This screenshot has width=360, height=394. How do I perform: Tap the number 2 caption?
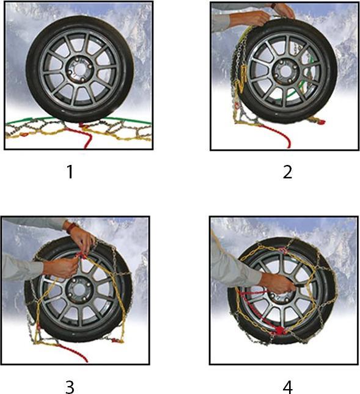point(287,172)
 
